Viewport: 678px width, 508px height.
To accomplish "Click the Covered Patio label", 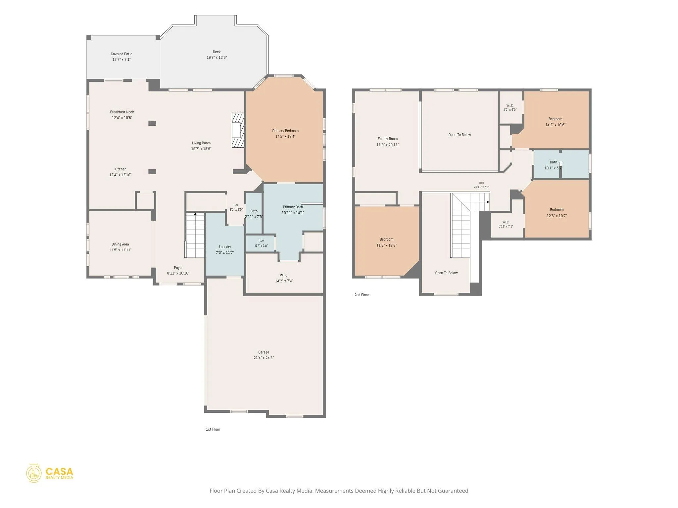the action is pyautogui.click(x=121, y=54).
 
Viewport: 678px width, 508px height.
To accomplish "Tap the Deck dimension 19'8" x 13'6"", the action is pyautogui.click(x=217, y=58).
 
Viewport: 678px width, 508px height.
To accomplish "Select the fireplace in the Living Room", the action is pyautogui.click(x=238, y=130).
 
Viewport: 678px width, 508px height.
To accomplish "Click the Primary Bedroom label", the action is pyautogui.click(x=285, y=131).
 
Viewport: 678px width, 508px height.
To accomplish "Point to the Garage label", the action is pyautogui.click(x=264, y=352).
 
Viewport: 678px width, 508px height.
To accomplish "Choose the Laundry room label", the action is pyautogui.click(x=225, y=247).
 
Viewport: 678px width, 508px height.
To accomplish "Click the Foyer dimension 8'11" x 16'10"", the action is pyautogui.click(x=178, y=273).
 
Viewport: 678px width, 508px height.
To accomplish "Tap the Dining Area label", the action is pyautogui.click(x=120, y=244).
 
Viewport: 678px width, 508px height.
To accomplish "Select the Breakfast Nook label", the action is pyautogui.click(x=122, y=112).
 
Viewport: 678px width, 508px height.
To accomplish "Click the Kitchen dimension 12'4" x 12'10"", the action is pyautogui.click(x=120, y=175).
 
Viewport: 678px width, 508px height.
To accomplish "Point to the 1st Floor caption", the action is pyautogui.click(x=213, y=429).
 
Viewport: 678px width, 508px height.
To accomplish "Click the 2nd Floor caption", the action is pyautogui.click(x=362, y=295).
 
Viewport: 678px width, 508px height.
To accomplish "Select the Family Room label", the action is pyautogui.click(x=388, y=139).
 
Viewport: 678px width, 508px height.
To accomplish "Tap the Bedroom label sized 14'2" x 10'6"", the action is pyautogui.click(x=555, y=119).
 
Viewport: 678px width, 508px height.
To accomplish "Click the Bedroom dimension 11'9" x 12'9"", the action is pyautogui.click(x=386, y=245).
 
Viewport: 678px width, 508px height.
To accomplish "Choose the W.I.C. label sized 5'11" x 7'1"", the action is pyautogui.click(x=506, y=222).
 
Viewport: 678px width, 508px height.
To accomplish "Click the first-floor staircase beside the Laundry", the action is pyautogui.click(x=195, y=235).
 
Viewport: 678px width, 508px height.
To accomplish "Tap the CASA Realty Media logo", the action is pyautogui.click(x=50, y=473).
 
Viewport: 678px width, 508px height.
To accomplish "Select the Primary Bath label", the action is pyautogui.click(x=293, y=207).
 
